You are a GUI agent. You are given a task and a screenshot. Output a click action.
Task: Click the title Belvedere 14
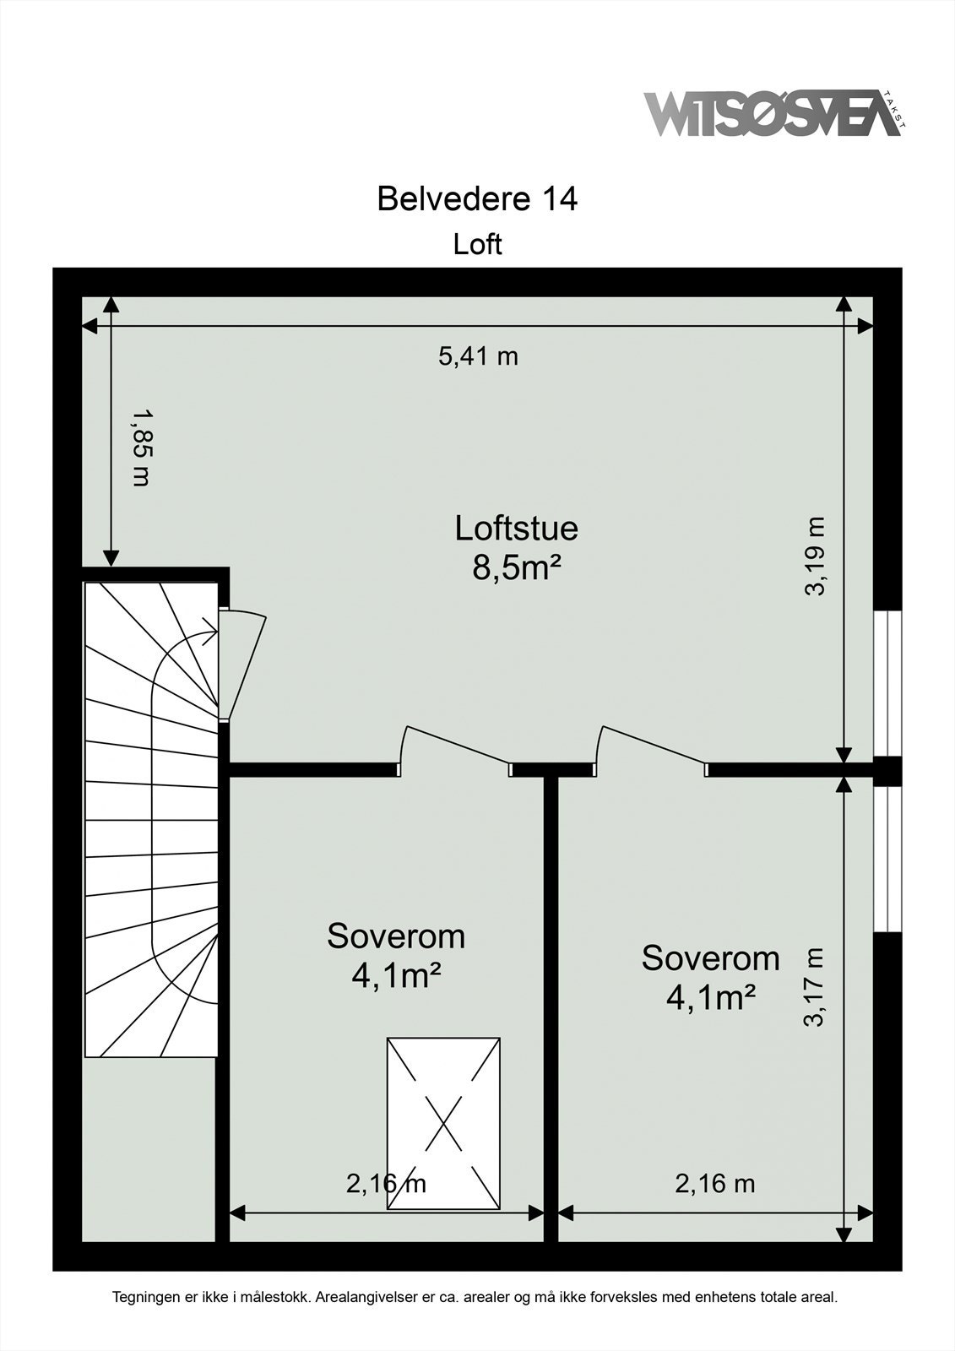(x=477, y=199)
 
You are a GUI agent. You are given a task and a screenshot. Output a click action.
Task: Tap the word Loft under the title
(x=477, y=244)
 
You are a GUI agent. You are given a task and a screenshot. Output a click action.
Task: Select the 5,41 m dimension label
(x=478, y=356)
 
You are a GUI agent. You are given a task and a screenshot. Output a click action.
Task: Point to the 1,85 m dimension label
(x=141, y=448)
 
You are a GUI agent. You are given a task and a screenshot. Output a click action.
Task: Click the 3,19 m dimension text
(x=814, y=556)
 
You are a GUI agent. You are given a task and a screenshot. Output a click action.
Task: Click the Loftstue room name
(x=516, y=528)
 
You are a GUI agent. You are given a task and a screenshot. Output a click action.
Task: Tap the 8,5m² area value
(x=516, y=567)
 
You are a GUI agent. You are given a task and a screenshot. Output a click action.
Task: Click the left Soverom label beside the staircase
(x=396, y=936)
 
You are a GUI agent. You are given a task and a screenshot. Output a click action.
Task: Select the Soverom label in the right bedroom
(x=710, y=958)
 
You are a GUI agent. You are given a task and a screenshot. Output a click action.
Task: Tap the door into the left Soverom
(x=456, y=745)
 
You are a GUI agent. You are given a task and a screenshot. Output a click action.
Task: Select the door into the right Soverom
(x=650, y=745)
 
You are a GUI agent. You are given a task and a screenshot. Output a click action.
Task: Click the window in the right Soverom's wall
(x=887, y=859)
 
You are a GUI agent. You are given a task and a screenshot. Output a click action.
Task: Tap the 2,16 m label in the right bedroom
(x=714, y=1184)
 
